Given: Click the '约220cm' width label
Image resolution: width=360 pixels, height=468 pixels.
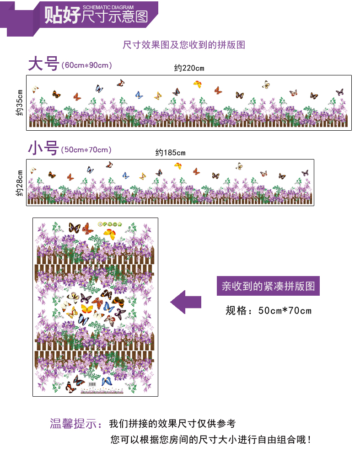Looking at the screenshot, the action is click(x=189, y=68).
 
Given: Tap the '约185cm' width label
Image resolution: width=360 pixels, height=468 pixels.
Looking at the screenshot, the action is click(x=170, y=153).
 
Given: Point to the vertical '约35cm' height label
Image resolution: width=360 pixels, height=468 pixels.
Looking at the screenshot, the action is click(x=19, y=103).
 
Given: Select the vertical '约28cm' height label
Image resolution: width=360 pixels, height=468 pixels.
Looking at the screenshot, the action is click(x=19, y=183).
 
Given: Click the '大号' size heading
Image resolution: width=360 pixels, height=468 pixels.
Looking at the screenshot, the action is click(x=43, y=64).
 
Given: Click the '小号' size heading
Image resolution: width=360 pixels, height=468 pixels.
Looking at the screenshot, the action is click(x=43, y=148).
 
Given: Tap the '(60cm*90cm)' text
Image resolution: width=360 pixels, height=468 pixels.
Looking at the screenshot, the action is click(x=86, y=65).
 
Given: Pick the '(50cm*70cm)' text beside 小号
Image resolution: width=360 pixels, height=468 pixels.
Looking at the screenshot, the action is click(x=86, y=149).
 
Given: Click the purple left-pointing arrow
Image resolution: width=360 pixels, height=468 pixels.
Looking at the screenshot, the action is click(x=186, y=302).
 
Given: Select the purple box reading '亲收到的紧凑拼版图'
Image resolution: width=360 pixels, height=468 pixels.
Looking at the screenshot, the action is click(x=268, y=286).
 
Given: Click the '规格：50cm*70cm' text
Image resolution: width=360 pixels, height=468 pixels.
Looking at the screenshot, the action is click(x=268, y=310).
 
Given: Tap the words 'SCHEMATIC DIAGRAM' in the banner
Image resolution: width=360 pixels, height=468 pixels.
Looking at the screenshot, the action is click(x=108, y=7).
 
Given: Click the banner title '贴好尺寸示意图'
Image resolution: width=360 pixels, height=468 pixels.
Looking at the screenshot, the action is click(x=96, y=16).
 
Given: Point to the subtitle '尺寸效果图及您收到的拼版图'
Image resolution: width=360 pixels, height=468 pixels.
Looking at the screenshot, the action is click(x=184, y=45).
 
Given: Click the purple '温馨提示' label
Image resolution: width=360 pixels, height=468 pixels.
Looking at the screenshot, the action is click(x=74, y=424).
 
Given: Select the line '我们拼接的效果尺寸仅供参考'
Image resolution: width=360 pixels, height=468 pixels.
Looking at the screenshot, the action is click(x=172, y=423).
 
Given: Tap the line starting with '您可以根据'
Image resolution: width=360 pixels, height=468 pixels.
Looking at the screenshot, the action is click(x=211, y=439).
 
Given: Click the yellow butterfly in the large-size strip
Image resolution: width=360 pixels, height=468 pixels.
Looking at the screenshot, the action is click(x=198, y=84).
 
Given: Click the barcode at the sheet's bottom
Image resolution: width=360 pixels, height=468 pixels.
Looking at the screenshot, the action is click(x=92, y=384).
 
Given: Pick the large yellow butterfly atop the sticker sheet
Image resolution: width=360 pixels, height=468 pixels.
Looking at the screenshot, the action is click(x=110, y=234).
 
